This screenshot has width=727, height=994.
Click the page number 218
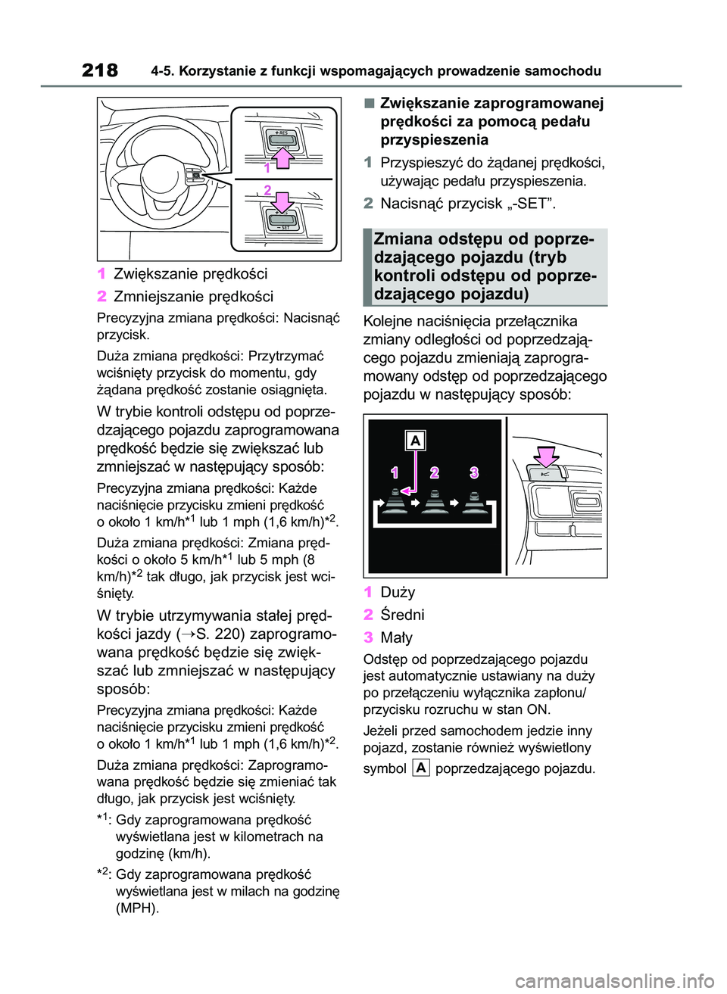click(100, 70)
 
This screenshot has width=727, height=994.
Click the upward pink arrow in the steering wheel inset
click(282, 157)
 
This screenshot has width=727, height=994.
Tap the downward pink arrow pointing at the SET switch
click(282, 202)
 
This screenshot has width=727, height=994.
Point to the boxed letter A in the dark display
click(415, 441)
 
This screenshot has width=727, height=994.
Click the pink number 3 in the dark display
click(474, 472)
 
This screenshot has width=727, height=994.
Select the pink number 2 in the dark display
click(434, 472)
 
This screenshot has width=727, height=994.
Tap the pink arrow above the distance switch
click(545, 456)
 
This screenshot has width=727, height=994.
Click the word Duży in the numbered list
click(398, 592)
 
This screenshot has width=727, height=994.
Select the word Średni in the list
click(402, 615)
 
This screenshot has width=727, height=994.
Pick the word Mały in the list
click(396, 637)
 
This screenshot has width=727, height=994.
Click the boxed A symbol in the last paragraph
click(421, 768)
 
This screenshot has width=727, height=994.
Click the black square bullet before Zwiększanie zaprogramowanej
click(369, 103)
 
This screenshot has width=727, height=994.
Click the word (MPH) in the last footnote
click(137, 908)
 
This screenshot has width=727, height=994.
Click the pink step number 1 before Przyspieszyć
click(368, 163)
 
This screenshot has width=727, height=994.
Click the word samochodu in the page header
click(563, 71)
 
